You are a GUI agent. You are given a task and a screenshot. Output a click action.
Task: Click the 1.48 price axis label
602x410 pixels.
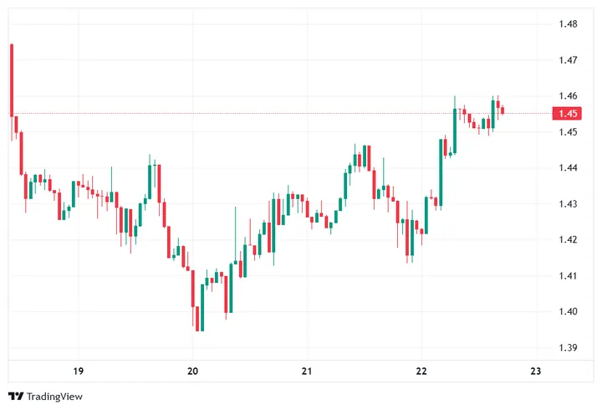569,24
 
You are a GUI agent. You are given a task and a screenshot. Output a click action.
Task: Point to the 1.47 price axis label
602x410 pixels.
569,60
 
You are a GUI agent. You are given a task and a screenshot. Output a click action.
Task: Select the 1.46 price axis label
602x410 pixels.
569,96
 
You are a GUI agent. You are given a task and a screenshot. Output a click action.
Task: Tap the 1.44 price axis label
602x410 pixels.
569,168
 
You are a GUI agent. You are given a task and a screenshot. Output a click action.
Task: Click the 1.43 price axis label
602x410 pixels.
569,204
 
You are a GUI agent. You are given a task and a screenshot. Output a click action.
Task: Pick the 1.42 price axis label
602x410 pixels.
569,240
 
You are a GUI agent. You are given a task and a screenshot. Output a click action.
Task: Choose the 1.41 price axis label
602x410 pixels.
569,276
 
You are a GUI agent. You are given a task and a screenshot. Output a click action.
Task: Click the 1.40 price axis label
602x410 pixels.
569,312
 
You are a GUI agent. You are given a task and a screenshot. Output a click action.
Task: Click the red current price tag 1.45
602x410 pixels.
569,114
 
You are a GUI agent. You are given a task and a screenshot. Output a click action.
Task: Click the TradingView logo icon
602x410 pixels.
15,396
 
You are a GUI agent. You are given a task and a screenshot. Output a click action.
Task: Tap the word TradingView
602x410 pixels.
55,396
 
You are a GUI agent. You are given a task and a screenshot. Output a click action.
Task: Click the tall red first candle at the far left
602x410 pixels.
12,79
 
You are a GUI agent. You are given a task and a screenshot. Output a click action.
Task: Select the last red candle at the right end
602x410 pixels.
503,110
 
